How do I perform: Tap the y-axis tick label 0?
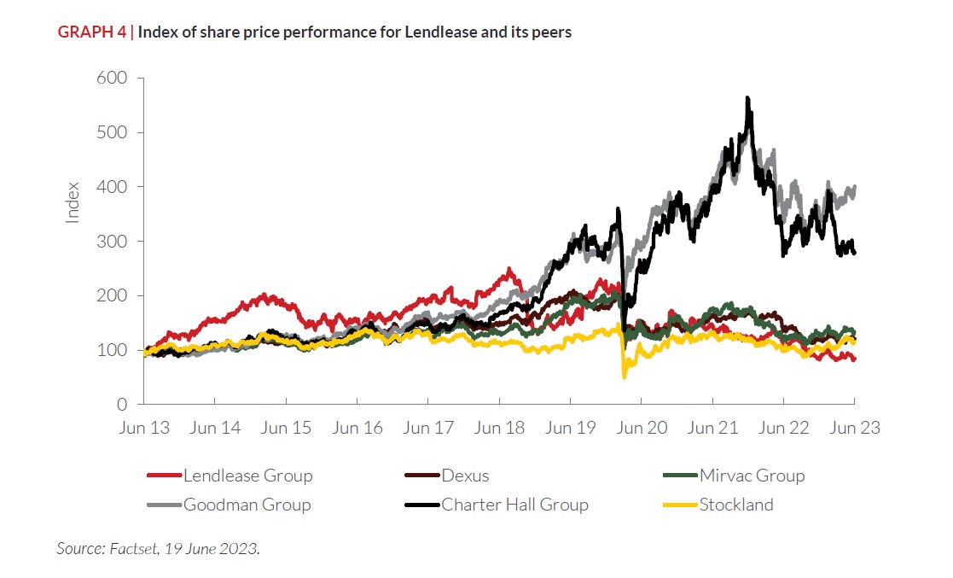[x=123, y=405]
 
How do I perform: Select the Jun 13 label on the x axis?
[x=143, y=429]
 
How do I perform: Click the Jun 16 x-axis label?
[x=357, y=429]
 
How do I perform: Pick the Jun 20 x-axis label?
[x=642, y=429]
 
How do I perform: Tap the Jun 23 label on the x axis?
[x=855, y=429]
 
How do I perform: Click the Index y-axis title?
[x=73, y=202]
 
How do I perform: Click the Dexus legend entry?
[x=465, y=476]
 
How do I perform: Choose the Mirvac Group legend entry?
[x=752, y=476]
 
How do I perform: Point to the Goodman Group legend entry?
[x=247, y=505]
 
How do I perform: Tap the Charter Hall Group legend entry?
[x=514, y=505]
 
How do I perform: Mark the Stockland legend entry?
[x=736, y=505]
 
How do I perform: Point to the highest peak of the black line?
[x=747, y=98]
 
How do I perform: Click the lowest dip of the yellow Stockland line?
[x=625, y=376]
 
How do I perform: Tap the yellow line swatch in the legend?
[x=680, y=505]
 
